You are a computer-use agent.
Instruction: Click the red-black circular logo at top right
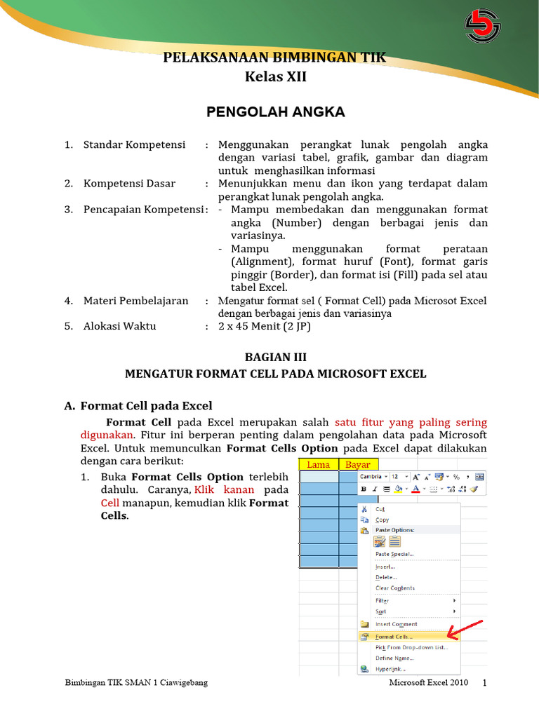[483, 26]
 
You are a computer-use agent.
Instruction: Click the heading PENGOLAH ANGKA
[275, 111]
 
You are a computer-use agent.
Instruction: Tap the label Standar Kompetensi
[134, 144]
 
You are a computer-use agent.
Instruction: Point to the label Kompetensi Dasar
[129, 184]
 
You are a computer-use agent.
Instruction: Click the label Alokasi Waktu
[119, 326]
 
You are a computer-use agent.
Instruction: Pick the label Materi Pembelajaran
[135, 301]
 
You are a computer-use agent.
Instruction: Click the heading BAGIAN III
[275, 357]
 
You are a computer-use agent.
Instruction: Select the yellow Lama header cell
[319, 464]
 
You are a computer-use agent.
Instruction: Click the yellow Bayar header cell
[358, 464]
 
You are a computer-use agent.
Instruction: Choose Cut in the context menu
[380, 509]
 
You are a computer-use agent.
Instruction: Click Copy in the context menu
[382, 520]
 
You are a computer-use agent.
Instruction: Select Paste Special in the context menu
[394, 554]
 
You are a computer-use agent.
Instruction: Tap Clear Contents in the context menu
[395, 588]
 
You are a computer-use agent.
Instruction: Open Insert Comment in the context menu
[397, 624]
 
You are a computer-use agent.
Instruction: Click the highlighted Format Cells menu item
[394, 637]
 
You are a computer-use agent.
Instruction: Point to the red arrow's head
[450, 637]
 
